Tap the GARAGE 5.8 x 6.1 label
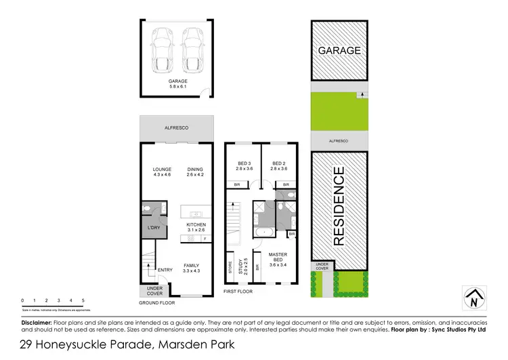coord(179,84)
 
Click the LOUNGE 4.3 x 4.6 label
coord(162,172)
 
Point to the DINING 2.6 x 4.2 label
coord(196,172)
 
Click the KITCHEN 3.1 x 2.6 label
coord(196,228)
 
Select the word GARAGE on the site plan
coord(340,50)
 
